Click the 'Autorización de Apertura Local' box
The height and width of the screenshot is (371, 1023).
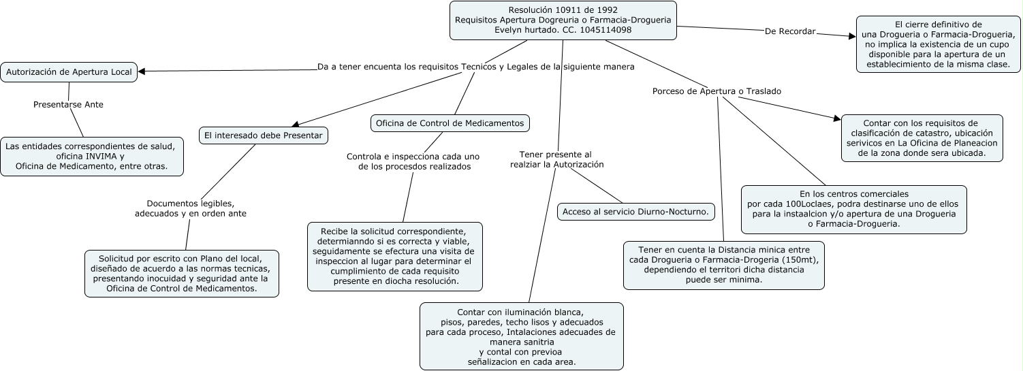[x=69, y=71]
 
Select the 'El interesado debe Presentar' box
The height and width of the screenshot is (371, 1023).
[x=264, y=135]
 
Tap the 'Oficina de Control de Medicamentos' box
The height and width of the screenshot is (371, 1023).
[x=450, y=123]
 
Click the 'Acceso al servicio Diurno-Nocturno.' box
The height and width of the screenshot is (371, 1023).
[x=635, y=212]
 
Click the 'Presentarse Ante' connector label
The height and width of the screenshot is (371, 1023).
[x=68, y=105]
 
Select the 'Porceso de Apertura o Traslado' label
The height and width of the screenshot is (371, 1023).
[x=717, y=91]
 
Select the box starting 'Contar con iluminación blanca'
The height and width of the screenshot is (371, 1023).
[x=521, y=336]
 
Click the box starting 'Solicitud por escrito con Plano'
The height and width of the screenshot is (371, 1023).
[x=182, y=273]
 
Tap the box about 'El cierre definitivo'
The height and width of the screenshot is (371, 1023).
[x=938, y=44]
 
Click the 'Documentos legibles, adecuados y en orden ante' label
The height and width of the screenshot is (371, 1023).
[x=191, y=208]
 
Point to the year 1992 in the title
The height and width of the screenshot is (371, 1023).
[x=605, y=10]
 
